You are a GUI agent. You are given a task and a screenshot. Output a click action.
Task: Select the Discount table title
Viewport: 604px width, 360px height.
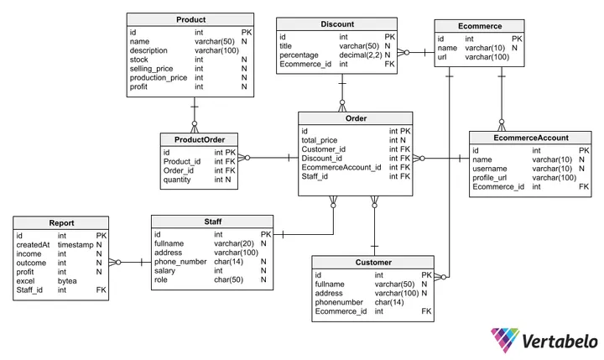(338, 24)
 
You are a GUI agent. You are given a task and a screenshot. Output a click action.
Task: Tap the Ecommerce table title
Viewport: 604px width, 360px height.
(481, 25)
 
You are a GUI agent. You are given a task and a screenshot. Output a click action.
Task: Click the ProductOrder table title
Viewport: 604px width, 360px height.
(200, 139)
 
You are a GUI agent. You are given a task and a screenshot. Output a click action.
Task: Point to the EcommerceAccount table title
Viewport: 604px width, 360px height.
(531, 138)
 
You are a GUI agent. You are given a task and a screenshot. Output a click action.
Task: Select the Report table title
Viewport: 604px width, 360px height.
(61, 223)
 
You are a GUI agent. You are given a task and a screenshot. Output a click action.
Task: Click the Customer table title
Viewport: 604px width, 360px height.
(372, 262)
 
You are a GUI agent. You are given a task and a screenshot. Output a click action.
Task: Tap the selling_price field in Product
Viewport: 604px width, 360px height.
(152, 68)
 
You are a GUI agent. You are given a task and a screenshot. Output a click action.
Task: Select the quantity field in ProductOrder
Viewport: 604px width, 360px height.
(177, 180)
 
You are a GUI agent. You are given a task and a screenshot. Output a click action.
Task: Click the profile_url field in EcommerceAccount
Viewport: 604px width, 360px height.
(494, 178)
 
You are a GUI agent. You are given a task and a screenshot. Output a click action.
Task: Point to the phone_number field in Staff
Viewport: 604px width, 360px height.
(180, 262)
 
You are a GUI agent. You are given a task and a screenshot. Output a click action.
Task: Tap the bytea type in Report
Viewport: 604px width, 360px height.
(66, 280)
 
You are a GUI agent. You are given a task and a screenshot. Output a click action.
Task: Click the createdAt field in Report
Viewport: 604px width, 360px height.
(34, 244)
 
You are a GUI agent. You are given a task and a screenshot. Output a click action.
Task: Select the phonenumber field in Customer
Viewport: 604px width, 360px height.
(341, 302)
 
